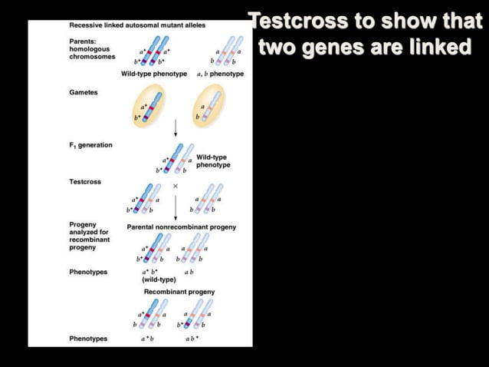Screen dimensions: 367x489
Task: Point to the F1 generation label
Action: (x=90, y=145)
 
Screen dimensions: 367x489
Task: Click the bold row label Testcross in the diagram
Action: (x=85, y=181)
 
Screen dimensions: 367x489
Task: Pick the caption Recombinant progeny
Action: (x=179, y=292)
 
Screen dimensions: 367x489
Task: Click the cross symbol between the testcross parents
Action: (x=176, y=187)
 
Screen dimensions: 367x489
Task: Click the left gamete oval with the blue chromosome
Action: (x=147, y=107)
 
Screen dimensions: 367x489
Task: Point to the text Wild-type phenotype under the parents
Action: (x=153, y=74)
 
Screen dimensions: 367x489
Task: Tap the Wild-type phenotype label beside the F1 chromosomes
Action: (x=214, y=161)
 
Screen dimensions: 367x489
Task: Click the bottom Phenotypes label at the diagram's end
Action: (x=88, y=339)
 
